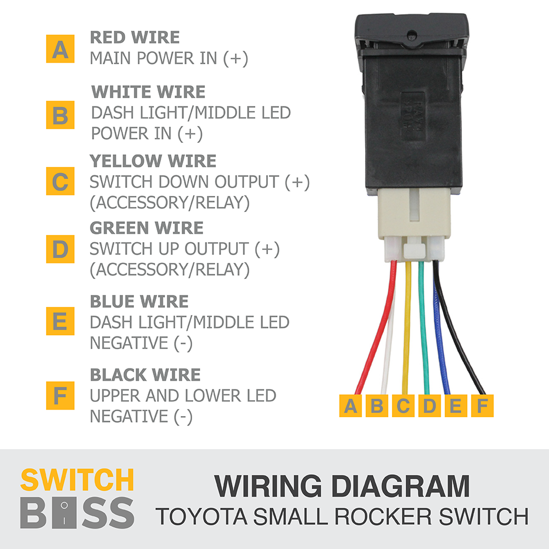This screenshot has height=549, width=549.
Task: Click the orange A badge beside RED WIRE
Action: point(60,49)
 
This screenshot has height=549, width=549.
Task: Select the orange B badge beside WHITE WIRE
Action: point(60,115)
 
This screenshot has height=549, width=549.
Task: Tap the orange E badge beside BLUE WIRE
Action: point(60,321)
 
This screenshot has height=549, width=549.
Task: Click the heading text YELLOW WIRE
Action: point(153,161)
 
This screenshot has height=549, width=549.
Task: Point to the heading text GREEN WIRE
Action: point(147,228)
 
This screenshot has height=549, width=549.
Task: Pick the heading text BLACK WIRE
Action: point(145,375)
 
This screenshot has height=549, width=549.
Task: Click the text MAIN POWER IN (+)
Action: point(169,58)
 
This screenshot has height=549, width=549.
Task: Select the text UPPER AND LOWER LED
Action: point(183,395)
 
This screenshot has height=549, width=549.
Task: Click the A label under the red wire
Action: point(350,406)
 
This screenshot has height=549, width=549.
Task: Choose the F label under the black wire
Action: point(482,406)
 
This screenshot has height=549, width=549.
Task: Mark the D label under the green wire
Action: point(429,406)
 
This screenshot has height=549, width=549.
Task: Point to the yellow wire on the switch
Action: point(406,329)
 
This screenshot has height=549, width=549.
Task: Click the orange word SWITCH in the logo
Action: point(77,480)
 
